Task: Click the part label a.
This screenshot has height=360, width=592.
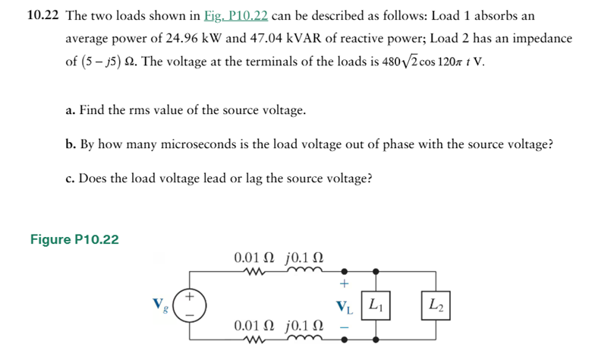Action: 69,111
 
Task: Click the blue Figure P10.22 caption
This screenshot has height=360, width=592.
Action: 74,241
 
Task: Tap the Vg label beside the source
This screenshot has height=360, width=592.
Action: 161,305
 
